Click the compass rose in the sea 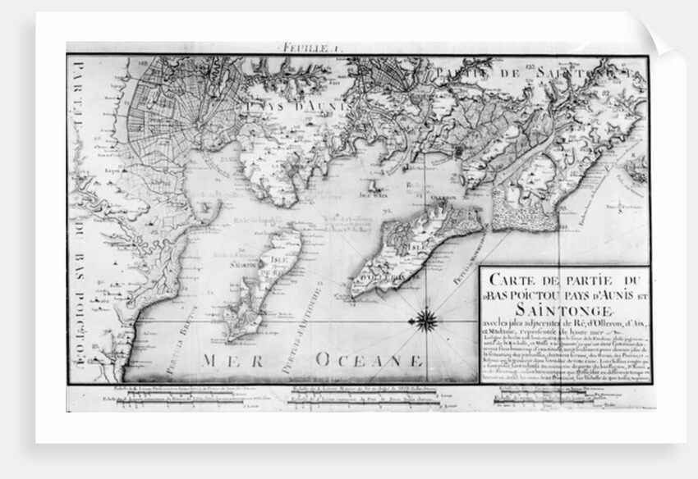[x=426, y=319]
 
